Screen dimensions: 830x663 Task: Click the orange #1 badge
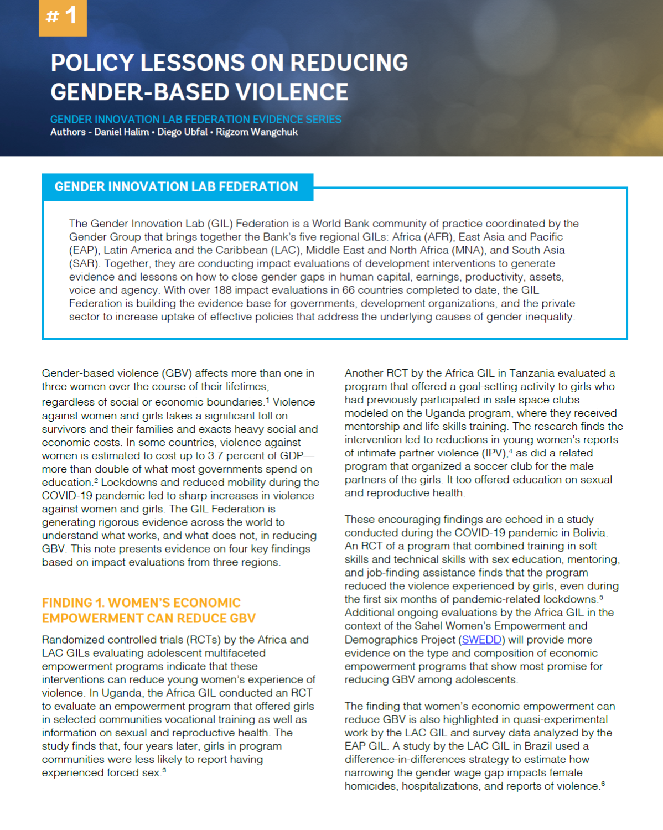click(63, 17)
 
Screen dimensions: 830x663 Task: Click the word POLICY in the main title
click(92, 63)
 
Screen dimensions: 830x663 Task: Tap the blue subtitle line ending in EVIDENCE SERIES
click(195, 120)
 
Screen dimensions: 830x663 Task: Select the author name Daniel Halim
click(121, 132)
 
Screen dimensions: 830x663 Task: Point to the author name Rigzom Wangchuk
click(256, 132)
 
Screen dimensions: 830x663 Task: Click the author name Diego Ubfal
click(182, 132)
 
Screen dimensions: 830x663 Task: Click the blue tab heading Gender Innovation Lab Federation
click(176, 187)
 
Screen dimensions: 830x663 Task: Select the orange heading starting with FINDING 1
click(148, 610)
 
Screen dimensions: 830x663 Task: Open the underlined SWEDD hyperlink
click(481, 640)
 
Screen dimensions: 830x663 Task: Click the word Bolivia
click(588, 533)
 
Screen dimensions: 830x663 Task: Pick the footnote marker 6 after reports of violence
click(603, 784)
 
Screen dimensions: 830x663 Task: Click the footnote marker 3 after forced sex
click(164, 770)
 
